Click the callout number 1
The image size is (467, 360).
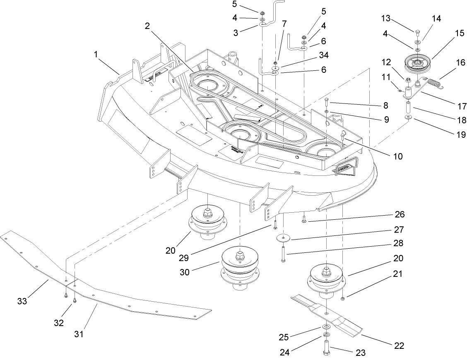[x=96, y=54]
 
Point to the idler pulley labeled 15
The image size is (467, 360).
[x=419, y=62]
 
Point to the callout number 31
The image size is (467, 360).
[x=79, y=334]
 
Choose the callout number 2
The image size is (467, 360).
[x=147, y=26]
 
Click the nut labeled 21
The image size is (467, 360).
[x=343, y=299]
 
